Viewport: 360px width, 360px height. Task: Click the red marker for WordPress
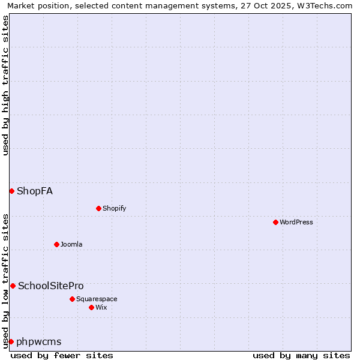(275, 222)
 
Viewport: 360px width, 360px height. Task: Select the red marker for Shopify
(98, 208)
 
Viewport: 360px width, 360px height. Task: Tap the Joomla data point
(56, 244)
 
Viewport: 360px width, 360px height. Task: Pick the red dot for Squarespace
(72, 299)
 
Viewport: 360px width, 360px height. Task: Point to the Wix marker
(91, 307)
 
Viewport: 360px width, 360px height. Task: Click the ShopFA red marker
(11, 191)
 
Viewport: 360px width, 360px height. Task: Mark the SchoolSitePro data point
(13, 286)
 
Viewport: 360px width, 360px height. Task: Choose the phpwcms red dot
(11, 341)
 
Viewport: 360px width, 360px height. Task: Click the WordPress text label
(296, 222)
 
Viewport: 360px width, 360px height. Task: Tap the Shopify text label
(114, 208)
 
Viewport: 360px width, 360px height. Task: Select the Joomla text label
(71, 244)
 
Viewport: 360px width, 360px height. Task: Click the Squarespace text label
(97, 299)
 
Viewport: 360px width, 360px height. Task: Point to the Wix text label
(101, 307)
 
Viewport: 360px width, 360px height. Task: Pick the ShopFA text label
(35, 191)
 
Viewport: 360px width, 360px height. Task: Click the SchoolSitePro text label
(51, 286)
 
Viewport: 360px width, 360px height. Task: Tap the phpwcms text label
(39, 341)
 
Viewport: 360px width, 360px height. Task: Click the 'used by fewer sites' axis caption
(62, 355)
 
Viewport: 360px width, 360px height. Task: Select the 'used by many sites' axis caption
(301, 355)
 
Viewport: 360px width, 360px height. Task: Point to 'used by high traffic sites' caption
(6, 85)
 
